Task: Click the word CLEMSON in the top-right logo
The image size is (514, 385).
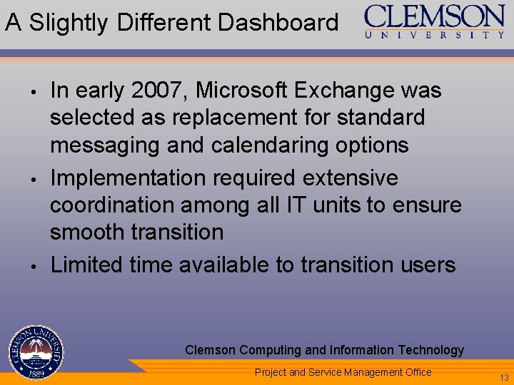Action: point(434,16)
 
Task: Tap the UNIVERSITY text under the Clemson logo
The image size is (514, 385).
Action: point(435,34)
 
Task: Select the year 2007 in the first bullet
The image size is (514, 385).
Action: point(157,91)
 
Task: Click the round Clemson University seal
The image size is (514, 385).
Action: point(36,353)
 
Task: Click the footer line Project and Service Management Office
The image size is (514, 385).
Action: point(343,371)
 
